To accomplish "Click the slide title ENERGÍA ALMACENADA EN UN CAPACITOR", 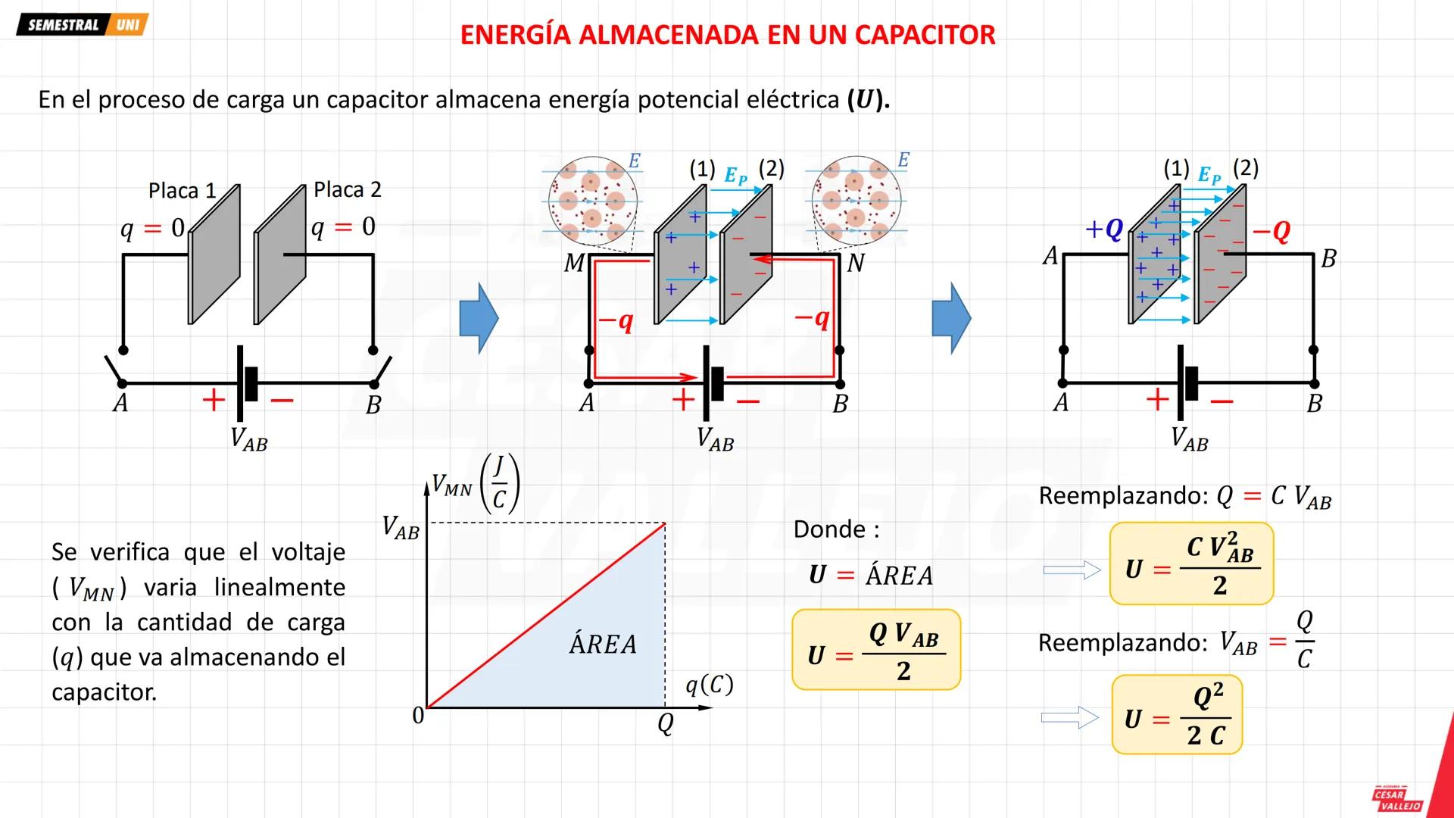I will click(x=727, y=35).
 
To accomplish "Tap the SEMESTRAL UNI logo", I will click(x=83, y=24).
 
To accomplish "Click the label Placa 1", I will click(x=182, y=190).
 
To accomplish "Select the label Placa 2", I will click(x=347, y=189).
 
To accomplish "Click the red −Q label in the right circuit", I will click(x=1271, y=230).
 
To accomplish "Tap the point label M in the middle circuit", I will click(x=574, y=263).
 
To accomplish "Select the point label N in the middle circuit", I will click(x=855, y=263).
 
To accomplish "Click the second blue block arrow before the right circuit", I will click(x=951, y=318).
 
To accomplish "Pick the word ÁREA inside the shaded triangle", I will click(x=603, y=644).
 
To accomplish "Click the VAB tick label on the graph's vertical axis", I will click(x=401, y=527).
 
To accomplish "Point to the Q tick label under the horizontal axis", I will click(x=665, y=724).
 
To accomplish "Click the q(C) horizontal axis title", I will click(x=709, y=685).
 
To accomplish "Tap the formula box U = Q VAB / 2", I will click(x=876, y=650).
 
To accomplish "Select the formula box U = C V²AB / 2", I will click(x=1191, y=564).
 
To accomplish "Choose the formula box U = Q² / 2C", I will click(x=1177, y=715).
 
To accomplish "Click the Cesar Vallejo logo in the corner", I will click(x=1398, y=798).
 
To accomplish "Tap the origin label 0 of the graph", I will click(x=418, y=715).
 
